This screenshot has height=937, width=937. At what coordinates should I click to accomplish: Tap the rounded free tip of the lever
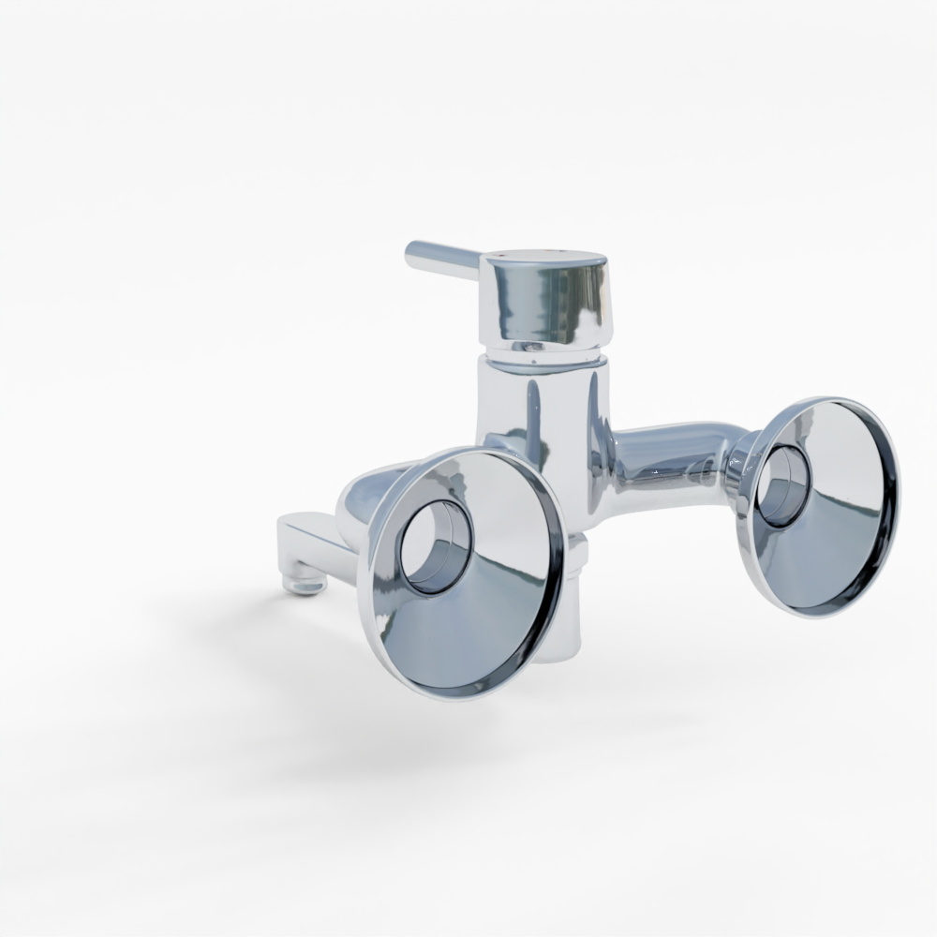click(x=411, y=252)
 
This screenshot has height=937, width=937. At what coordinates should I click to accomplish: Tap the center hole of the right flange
click(x=783, y=485)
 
